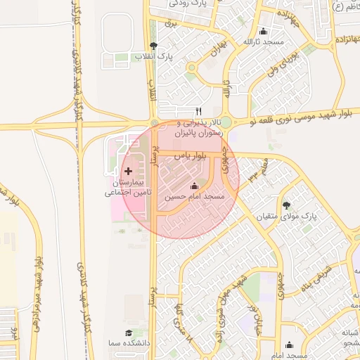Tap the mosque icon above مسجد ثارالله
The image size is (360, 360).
click(x=264, y=31)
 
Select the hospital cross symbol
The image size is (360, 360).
click(x=127, y=172)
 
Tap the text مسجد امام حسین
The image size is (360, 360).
click(x=194, y=198)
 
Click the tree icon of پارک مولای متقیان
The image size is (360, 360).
click(x=286, y=205)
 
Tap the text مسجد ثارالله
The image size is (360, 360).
click(x=264, y=42)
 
